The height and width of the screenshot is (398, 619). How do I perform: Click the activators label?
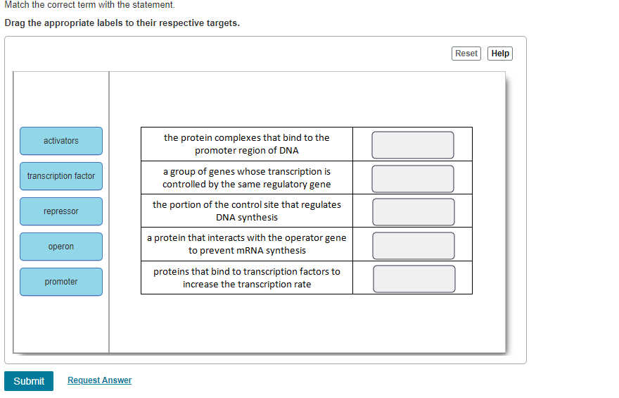click(61, 141)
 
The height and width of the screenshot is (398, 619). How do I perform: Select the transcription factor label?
click(61, 176)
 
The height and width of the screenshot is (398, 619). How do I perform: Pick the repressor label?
click(61, 211)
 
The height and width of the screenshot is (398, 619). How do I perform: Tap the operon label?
click(61, 247)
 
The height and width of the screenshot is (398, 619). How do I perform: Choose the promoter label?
click(61, 282)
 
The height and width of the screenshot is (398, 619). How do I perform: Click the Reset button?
click(466, 54)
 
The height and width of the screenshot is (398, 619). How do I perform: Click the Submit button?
click(29, 381)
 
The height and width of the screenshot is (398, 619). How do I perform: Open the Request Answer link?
click(99, 380)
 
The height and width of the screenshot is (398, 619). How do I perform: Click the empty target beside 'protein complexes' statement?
click(413, 145)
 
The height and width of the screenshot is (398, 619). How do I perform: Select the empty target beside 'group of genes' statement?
click(413, 178)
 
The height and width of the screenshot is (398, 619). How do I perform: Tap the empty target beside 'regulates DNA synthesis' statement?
click(413, 212)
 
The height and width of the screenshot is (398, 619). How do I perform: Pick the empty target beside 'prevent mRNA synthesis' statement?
click(413, 245)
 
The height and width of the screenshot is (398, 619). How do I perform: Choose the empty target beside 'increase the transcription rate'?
click(413, 278)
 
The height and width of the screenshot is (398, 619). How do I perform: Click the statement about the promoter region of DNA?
click(247, 144)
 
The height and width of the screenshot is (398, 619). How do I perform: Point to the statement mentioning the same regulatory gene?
click(247, 178)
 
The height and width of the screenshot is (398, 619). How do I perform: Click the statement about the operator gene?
click(247, 244)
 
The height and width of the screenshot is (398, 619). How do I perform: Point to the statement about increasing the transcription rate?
click(247, 278)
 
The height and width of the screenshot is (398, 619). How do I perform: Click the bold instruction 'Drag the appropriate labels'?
click(122, 23)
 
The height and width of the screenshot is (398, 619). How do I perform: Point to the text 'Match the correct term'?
click(89, 5)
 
